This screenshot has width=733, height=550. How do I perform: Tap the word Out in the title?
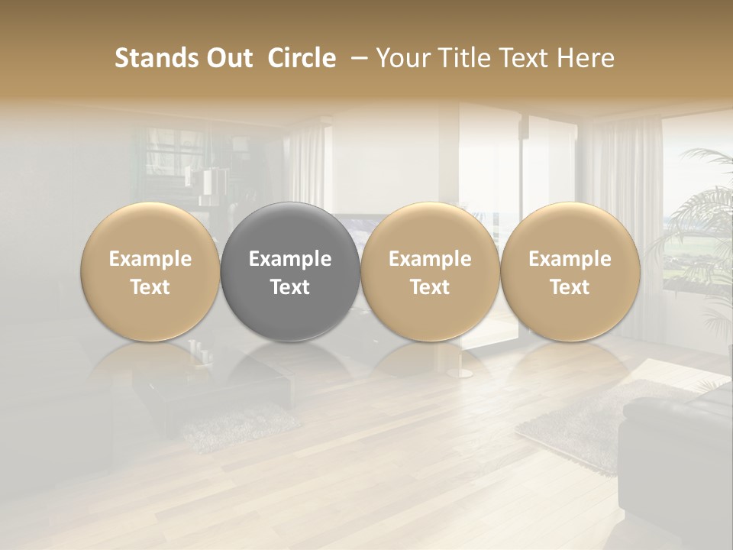pyautogui.click(x=228, y=58)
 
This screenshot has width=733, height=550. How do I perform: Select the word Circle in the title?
pyautogui.click(x=302, y=58)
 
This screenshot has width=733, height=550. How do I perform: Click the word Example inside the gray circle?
pyautogui.click(x=290, y=259)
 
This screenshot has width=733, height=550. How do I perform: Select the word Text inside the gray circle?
pyautogui.click(x=290, y=287)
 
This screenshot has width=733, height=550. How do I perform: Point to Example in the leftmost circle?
pyautogui.click(x=150, y=259)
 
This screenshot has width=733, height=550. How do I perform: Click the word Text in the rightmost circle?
pyautogui.click(x=570, y=287)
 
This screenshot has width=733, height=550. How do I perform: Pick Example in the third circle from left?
pyautogui.click(x=430, y=259)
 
